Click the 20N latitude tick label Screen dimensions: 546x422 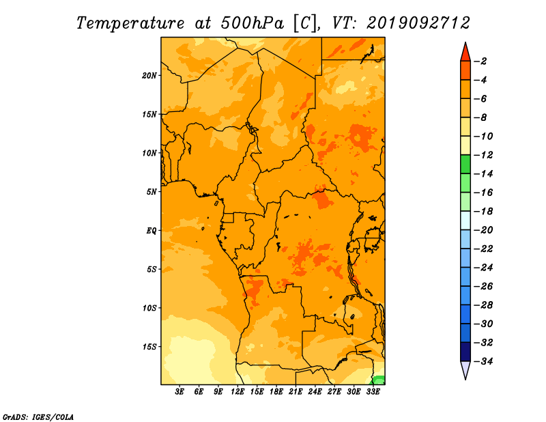point(149,76)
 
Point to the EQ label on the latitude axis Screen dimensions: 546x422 point(152,231)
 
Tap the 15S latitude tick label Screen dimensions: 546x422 point(149,347)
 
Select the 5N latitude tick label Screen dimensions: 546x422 point(152,192)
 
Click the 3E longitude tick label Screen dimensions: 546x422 point(179,392)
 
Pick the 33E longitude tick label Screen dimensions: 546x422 point(373,392)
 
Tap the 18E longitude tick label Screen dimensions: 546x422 point(276,392)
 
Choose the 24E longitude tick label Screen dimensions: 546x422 point(315,392)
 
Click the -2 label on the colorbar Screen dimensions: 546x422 point(480,61)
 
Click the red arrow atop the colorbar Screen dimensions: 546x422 point(465,53)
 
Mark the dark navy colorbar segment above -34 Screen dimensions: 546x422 point(465,352)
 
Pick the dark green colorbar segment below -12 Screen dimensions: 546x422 point(465,165)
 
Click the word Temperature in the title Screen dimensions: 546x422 point(130,23)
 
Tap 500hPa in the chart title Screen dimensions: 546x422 point(252,23)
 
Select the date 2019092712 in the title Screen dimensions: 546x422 point(418,23)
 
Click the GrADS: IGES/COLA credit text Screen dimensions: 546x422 point(38,417)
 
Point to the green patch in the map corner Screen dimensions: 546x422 point(379,380)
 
